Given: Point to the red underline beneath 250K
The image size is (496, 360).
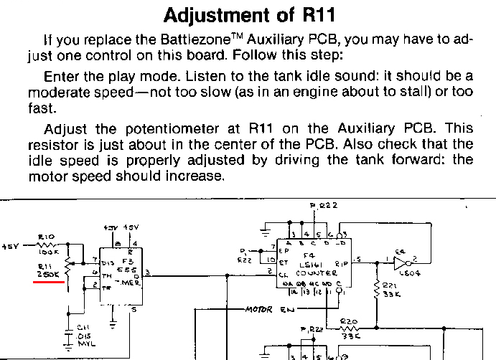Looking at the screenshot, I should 48,283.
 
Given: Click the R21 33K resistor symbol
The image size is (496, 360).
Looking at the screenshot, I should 376,288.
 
